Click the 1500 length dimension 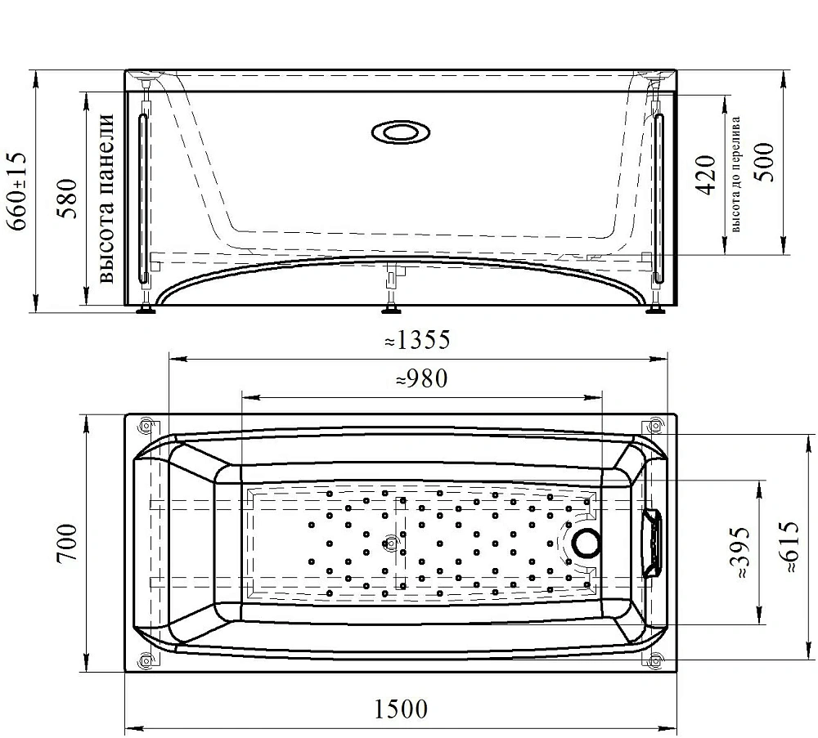(x=401, y=709)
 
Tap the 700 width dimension (x=67, y=543)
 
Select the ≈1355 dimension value (x=417, y=340)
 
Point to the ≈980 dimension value (x=422, y=379)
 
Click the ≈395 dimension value (x=739, y=552)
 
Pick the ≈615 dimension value (x=788, y=547)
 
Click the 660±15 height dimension (x=16, y=191)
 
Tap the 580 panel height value (x=67, y=199)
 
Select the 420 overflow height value (x=707, y=175)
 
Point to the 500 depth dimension (x=765, y=162)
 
